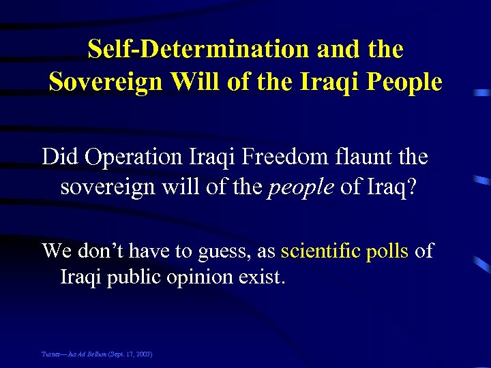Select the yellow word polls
point(387,251)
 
